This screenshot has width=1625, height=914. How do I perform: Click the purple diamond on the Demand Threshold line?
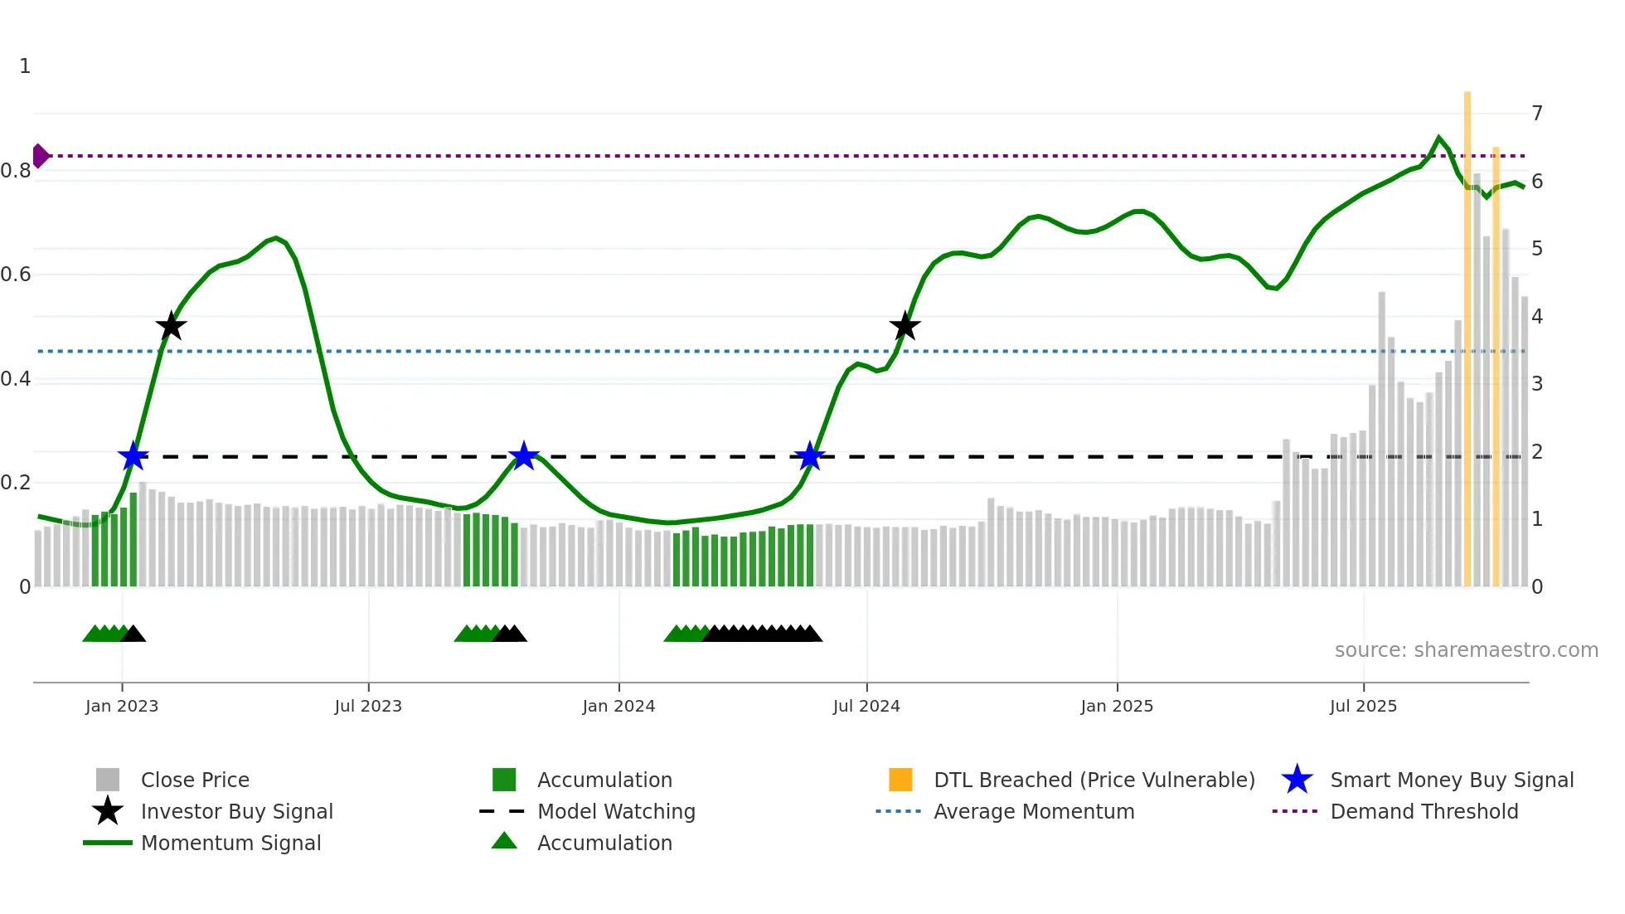40,156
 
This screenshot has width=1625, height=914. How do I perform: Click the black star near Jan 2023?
171,326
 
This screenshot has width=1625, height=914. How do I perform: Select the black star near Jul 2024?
905,326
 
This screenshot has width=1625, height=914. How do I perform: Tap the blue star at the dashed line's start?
133,456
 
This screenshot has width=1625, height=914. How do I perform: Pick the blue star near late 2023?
523,456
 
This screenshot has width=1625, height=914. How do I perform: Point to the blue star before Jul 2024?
809,456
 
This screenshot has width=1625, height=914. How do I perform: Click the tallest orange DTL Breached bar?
1467,332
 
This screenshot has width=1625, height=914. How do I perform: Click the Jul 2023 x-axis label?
368,707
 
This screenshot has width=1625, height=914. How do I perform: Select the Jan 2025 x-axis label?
1117,707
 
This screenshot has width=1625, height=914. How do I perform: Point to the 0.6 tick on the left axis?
17,275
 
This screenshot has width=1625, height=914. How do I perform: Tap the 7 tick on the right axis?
1537,114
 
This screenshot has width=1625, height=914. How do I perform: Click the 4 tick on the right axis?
1537,317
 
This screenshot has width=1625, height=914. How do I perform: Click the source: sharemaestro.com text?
1466,650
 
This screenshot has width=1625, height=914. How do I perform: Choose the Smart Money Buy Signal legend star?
1297,780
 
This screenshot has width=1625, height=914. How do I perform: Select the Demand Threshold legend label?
1424,812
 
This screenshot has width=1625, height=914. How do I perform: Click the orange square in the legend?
900,780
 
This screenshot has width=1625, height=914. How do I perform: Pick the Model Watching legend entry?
616,812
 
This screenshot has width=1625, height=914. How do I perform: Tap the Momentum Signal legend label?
230,844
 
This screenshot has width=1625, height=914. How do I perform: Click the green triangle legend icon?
504,841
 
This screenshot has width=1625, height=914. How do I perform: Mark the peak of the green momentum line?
1438,138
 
